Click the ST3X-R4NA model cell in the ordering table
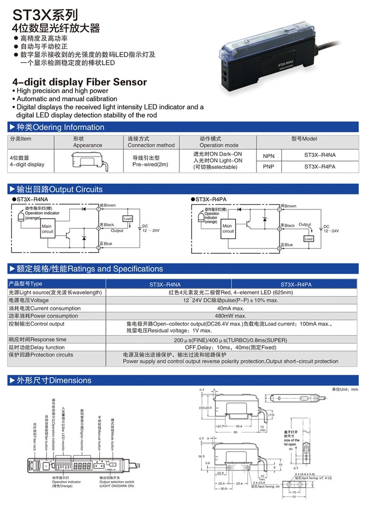(320, 155)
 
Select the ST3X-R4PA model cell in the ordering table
(320, 166)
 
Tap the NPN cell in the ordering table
(268, 155)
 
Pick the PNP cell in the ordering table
(268, 166)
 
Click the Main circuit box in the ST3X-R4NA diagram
(48, 229)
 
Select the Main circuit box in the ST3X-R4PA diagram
(228, 228)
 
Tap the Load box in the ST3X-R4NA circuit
(127, 219)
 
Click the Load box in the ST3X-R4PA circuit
(308, 239)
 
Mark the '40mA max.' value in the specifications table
(230, 308)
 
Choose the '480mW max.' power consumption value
(230, 316)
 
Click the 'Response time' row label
(37, 340)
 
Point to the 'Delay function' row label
(37, 347)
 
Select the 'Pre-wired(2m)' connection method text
(150, 165)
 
